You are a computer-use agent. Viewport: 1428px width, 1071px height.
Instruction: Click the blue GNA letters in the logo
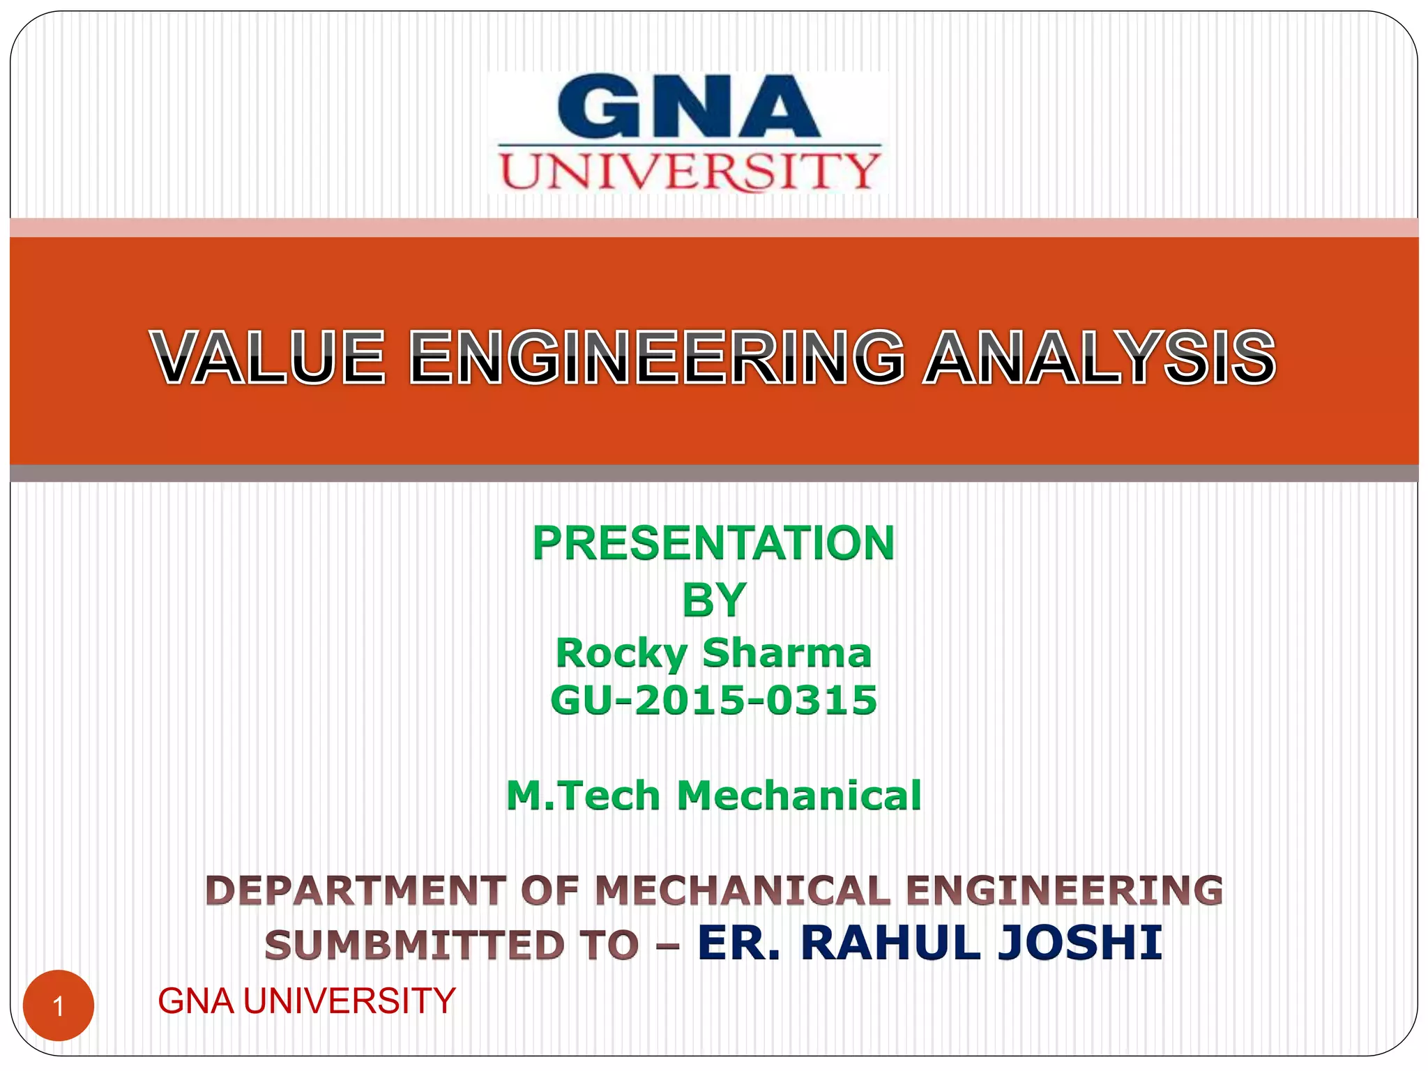coord(689,107)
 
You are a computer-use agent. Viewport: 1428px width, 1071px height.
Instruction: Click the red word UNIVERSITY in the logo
coord(689,171)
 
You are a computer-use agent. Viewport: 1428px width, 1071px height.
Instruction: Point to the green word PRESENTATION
coord(713,543)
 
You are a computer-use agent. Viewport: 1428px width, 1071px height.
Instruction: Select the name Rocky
coord(621,653)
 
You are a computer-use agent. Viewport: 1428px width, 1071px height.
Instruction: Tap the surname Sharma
coord(787,653)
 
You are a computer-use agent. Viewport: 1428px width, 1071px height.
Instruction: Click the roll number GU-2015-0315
coord(713,700)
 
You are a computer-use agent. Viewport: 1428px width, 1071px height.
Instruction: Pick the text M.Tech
coord(583,796)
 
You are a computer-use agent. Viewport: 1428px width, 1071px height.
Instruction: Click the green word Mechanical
coord(799,796)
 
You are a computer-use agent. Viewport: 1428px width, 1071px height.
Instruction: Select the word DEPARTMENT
coord(356,891)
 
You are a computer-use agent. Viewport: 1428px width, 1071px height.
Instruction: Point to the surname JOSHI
coord(1080,943)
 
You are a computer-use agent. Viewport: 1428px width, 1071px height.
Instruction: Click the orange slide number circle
coord(59,1005)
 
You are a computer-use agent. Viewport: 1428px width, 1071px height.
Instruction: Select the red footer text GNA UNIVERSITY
coord(306,1001)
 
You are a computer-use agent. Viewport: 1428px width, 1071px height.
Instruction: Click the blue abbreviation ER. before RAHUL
coord(738,943)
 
